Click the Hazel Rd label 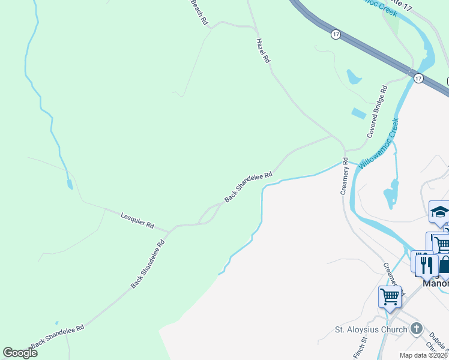pos(264,51)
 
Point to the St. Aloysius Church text pos(370,329)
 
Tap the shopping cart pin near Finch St pos(390,296)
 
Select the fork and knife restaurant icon pos(427,264)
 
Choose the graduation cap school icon pos(439,212)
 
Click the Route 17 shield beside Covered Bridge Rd pos(418,79)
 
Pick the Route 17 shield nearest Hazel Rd pos(336,35)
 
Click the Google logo pos(20,353)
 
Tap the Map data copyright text pos(423,355)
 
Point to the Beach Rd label pos(199,12)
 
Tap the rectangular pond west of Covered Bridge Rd pos(358,113)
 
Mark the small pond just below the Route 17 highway pos(354,77)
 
